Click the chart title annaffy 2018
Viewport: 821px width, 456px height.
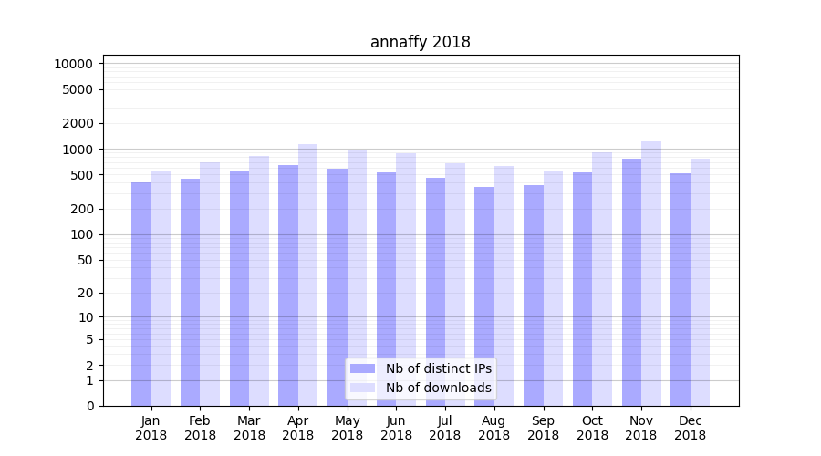click(x=420, y=42)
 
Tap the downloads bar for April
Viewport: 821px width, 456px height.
click(x=308, y=275)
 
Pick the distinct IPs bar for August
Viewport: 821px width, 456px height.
click(x=484, y=296)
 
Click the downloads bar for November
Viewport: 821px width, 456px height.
click(x=651, y=274)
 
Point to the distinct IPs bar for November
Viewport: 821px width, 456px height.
click(x=631, y=282)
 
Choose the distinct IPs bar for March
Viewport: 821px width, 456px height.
click(x=239, y=288)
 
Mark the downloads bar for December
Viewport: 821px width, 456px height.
click(x=701, y=282)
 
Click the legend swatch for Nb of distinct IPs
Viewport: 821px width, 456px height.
click(x=362, y=368)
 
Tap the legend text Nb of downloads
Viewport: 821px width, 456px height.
click(x=439, y=388)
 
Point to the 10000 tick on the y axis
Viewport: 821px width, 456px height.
click(x=73, y=64)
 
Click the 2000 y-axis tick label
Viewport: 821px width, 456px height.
click(x=77, y=123)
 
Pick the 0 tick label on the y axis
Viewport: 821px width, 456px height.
click(x=89, y=406)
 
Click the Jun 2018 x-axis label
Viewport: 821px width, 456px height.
click(x=396, y=428)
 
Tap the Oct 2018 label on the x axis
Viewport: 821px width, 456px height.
click(x=592, y=428)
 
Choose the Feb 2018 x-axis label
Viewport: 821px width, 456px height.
click(x=200, y=428)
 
